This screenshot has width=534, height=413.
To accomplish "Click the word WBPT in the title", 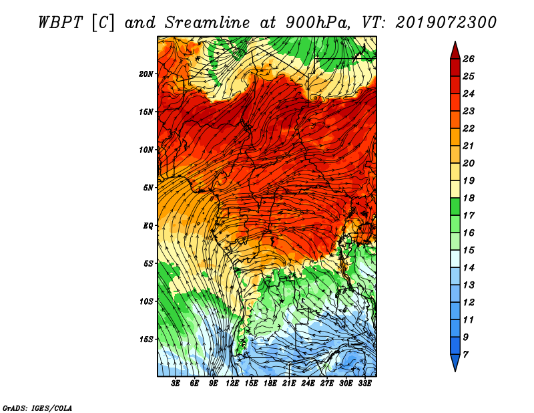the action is click(x=61, y=23).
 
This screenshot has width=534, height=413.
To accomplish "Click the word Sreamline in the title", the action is click(x=207, y=23).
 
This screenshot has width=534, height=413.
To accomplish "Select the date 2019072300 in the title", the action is click(x=446, y=23).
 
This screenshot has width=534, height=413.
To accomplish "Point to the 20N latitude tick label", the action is click(x=146, y=74).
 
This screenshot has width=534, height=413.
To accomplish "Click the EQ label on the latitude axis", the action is click(x=148, y=226).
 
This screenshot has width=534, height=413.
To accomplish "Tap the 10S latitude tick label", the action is click(x=146, y=301).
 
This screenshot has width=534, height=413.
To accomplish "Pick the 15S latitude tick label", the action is click(x=146, y=339).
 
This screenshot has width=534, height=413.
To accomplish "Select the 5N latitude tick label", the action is click(x=148, y=188).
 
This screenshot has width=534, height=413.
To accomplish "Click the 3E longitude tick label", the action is click(x=176, y=384).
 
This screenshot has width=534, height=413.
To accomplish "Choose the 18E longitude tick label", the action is click(x=270, y=384).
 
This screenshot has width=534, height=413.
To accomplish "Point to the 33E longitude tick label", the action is click(x=364, y=384).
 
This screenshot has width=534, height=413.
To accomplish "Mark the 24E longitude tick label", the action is click(x=308, y=384).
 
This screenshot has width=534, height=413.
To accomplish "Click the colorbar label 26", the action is click(x=469, y=59).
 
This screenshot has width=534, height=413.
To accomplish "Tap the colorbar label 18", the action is click(x=469, y=198).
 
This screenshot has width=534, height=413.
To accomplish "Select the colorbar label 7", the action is click(x=466, y=355).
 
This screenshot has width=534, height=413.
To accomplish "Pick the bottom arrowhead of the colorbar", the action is click(x=455, y=362).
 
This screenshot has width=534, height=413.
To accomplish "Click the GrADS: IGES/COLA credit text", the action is click(x=37, y=408).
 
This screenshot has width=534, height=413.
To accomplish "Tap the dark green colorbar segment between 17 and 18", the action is click(x=455, y=206).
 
